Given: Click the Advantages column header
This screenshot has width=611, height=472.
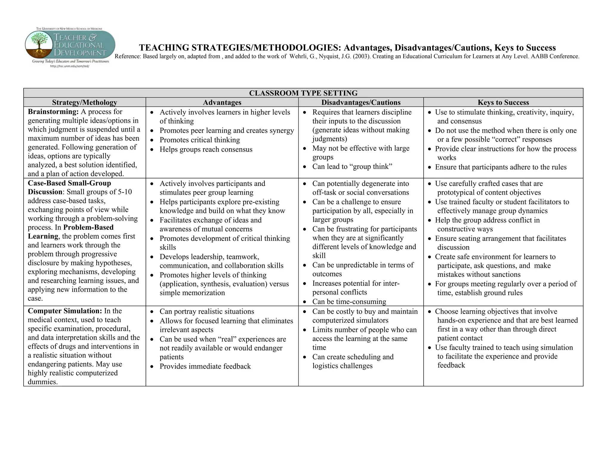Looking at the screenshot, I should (x=222, y=102).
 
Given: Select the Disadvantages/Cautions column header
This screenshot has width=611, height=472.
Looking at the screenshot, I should (x=361, y=102).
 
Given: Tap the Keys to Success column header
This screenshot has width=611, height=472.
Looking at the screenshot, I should (x=503, y=102).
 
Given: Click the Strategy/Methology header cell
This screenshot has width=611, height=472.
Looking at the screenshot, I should (x=84, y=102).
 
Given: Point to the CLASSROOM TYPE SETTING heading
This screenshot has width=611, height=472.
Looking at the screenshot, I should (x=303, y=93).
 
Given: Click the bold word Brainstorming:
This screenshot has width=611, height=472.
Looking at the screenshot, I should (x=53, y=112).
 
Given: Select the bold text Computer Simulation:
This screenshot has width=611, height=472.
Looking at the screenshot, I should (x=65, y=311).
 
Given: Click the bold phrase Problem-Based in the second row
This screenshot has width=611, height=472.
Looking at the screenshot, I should (x=89, y=227).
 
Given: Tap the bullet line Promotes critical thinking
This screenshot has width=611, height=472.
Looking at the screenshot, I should (x=200, y=140).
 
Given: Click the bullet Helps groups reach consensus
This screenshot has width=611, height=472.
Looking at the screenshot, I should (x=206, y=149).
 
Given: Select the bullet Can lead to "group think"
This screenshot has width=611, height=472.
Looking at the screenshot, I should (x=352, y=166).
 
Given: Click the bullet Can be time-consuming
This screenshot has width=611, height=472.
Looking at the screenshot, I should (x=349, y=302).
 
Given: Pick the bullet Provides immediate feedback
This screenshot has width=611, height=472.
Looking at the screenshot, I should (x=205, y=366).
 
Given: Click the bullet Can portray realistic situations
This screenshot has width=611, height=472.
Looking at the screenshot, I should (x=207, y=311).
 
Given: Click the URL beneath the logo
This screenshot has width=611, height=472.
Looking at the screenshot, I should (x=70, y=66).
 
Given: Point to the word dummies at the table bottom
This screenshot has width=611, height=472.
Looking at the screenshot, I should (x=42, y=382).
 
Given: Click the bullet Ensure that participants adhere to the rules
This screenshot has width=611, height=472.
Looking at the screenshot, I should (x=501, y=167).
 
